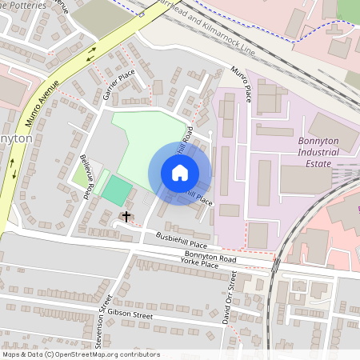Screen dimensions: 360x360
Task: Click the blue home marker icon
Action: [179, 173]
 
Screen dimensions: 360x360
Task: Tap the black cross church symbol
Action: [126, 216]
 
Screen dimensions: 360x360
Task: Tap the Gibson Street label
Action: [129, 314]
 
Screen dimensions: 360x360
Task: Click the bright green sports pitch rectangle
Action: [117, 190]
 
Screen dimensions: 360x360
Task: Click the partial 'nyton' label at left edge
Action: [16, 138]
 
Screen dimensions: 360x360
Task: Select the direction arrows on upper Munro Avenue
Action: [90, 51]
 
